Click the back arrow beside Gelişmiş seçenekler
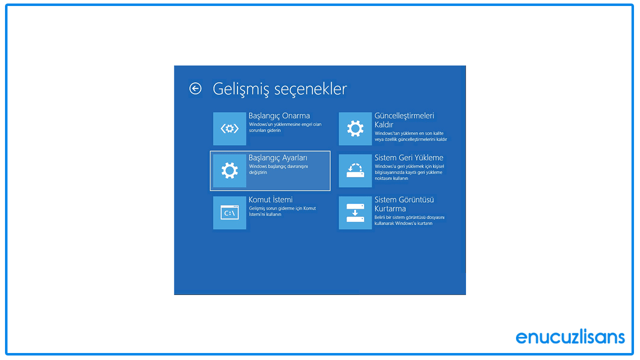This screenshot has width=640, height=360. [x=195, y=88]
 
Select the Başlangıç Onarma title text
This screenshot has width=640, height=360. [x=279, y=115]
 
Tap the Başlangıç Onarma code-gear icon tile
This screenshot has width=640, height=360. [x=229, y=128]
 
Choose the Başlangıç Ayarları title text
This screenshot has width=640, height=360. [x=277, y=157]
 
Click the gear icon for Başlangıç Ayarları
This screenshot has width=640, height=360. [x=229, y=170]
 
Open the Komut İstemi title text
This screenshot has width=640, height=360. [x=270, y=199]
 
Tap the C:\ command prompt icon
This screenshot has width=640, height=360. [x=229, y=213]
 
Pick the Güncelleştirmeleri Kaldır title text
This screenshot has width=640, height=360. [x=404, y=120]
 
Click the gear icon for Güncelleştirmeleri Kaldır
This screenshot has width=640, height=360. [x=355, y=128]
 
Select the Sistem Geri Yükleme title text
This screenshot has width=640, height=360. [x=408, y=157]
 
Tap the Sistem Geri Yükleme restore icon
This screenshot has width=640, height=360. [x=355, y=170]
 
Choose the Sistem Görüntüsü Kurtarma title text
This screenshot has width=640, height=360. [x=404, y=204]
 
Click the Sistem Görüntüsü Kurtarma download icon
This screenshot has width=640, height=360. [x=355, y=213]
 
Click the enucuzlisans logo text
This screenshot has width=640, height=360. [x=570, y=336]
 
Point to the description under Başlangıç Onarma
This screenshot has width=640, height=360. [x=285, y=127]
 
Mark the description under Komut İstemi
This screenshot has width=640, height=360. [x=282, y=211]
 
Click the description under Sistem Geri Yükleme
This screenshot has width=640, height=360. [x=408, y=172]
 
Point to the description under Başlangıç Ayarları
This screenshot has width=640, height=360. [x=278, y=169]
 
